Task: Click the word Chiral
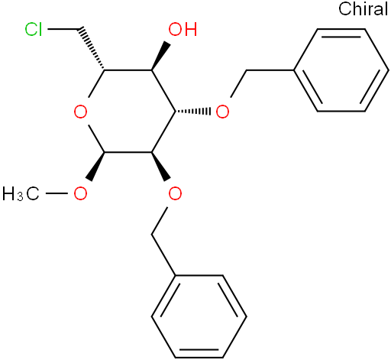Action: coord(364,9)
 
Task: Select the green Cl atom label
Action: coord(34,29)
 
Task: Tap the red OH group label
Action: coord(183,29)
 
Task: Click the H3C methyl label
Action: coord(21,193)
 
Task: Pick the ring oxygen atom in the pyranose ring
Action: coord(80,112)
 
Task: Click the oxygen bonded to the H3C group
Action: coord(80,193)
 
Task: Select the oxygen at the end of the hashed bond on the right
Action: coord(222,112)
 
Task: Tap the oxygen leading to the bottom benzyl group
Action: coord(175,193)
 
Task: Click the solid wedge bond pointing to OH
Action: coord(161,57)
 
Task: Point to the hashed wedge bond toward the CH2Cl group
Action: coord(92,48)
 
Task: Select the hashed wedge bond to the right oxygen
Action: coord(192,112)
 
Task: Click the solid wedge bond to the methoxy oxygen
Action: coord(95,167)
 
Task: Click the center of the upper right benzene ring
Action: coord(341,70)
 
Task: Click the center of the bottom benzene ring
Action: coord(199,316)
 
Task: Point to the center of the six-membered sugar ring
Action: coord(128,112)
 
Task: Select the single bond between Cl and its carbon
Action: coord(63,29)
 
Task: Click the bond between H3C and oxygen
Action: coord(57,193)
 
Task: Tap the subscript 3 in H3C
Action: coord(20,197)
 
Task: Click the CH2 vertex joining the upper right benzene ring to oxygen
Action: coord(246,70)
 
